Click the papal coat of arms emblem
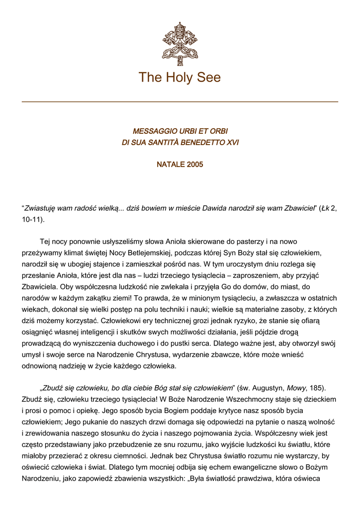point(180,44)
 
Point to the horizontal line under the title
point(180,102)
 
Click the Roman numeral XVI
point(231,143)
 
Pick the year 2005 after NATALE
point(195,165)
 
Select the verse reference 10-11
point(32,219)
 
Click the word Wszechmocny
point(255,399)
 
